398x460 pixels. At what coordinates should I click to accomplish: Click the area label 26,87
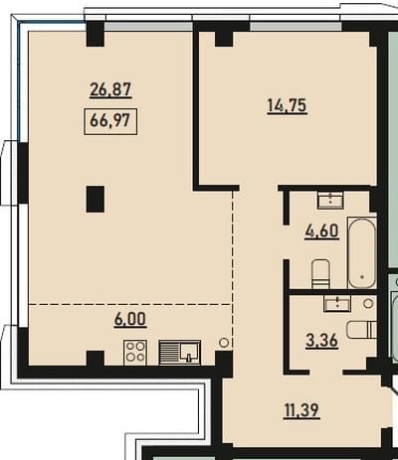[x=110, y=89]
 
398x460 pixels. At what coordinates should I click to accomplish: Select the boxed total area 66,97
[x=110, y=121]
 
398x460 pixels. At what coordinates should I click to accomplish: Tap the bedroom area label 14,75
[x=287, y=106]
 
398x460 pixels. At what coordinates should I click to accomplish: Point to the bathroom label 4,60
[x=321, y=230]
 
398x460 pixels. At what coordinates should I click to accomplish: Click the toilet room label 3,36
[x=322, y=341]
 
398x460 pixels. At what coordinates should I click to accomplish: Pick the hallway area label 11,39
[x=301, y=410]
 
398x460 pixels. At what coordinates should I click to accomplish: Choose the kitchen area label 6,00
[x=130, y=319]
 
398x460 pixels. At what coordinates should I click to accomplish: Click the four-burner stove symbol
[x=135, y=353]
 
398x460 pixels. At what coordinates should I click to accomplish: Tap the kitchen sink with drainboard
[x=179, y=353]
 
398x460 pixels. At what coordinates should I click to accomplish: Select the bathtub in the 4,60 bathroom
[x=362, y=252]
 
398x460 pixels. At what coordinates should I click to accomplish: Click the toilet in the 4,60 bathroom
[x=320, y=274]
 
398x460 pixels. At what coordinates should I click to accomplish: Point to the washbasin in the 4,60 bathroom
[x=330, y=200]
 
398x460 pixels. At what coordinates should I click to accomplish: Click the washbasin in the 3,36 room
[x=337, y=304]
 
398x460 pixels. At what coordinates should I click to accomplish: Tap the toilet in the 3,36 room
[x=362, y=330]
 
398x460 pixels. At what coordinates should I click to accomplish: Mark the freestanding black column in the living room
[x=96, y=199]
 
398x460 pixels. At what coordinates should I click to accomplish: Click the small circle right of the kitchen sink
[x=224, y=343]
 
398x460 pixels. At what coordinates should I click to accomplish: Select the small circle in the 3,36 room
[x=368, y=303]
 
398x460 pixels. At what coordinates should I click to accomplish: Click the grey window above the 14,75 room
[x=296, y=27]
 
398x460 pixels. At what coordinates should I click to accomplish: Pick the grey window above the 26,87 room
[x=148, y=27]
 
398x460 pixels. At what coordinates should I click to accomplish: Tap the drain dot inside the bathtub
[x=362, y=276]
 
